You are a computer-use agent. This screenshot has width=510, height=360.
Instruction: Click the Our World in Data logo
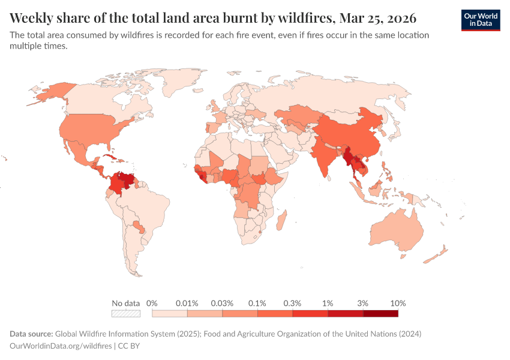[480, 20]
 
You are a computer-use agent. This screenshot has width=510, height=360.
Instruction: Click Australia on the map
[396, 232]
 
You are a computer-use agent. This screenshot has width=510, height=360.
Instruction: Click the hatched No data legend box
[126, 313]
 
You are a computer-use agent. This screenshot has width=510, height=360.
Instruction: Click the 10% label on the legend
[398, 303]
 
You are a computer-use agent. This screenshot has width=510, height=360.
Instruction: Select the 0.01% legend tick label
[187, 303]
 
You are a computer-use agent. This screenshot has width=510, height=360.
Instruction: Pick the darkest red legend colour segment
[380, 313]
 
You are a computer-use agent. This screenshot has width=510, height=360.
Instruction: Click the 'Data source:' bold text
[31, 334]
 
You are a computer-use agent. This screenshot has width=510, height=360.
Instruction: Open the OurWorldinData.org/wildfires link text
[61, 346]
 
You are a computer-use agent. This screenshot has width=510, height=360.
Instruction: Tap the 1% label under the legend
[328, 303]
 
